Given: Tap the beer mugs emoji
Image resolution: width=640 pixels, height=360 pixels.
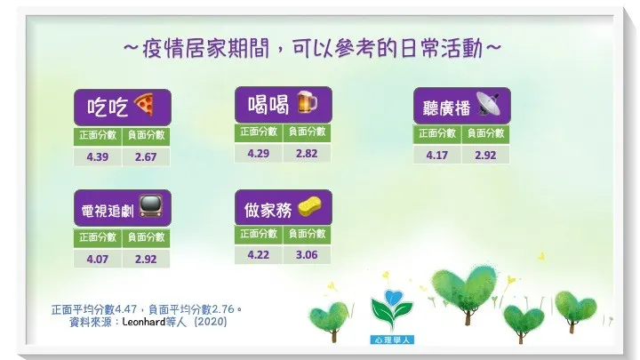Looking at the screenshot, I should click(305, 103).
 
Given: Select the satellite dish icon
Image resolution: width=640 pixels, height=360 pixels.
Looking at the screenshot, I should click(487, 104).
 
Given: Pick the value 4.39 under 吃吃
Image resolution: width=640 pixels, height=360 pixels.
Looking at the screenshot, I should click(97, 157).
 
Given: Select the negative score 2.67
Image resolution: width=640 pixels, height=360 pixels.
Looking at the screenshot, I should click(145, 157).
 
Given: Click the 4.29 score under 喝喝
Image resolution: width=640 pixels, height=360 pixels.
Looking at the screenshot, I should click(260, 153).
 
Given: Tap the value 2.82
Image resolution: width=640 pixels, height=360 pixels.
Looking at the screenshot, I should click(308, 153).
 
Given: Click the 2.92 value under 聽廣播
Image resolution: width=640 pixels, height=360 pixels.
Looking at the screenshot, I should click(486, 154).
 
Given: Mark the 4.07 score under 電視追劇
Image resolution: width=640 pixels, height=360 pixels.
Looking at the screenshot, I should click(97, 259).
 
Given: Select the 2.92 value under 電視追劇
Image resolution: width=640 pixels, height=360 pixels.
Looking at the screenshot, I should click(145, 259).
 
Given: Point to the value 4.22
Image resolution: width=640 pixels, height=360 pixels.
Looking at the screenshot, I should click(260, 254).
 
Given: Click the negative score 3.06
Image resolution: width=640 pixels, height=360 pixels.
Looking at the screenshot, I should click(308, 254).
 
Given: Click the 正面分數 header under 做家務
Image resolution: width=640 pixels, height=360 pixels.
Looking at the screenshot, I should click(260, 234).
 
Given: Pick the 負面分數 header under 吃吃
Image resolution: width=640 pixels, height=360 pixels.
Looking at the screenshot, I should click(145, 136).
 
